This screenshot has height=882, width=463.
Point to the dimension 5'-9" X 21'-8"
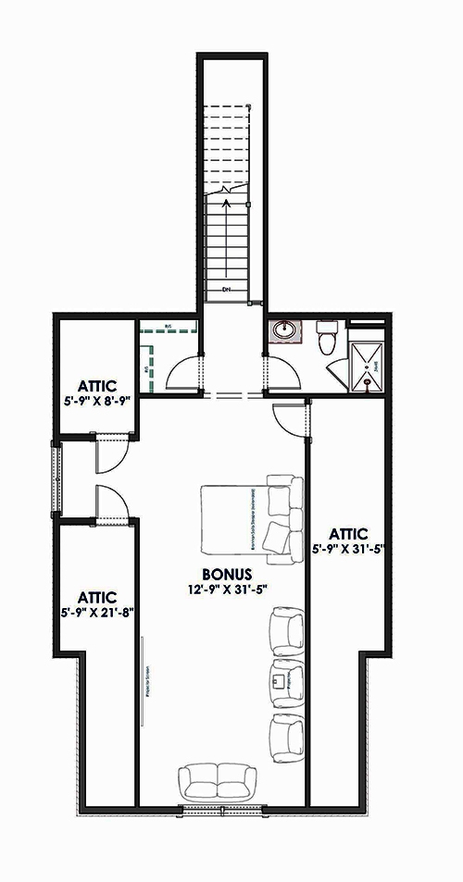click(x=95, y=610)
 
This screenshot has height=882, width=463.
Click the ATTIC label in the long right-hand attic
click(x=347, y=533)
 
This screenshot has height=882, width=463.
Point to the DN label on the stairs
click(x=227, y=291)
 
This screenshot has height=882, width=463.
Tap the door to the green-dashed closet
click(x=182, y=375)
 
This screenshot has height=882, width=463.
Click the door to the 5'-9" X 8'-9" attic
click(x=111, y=453)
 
